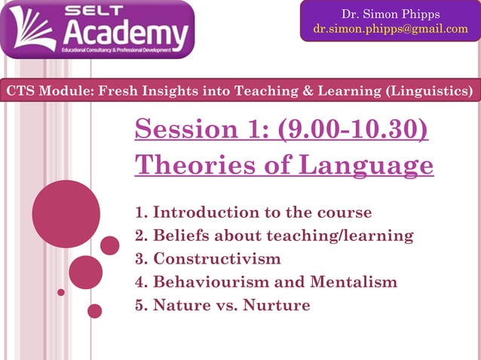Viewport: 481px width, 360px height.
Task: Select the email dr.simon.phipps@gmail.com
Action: pyautogui.click(x=390, y=29)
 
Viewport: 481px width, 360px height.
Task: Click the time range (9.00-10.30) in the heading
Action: pyautogui.click(x=353, y=130)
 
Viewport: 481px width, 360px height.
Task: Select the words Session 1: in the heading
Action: pyautogui.click(x=202, y=130)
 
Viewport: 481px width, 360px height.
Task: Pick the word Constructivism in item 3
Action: pyautogui.click(x=217, y=258)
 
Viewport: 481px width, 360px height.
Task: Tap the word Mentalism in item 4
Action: pyautogui.click(x=354, y=282)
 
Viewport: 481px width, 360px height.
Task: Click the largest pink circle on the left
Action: pyautogui.click(x=66, y=214)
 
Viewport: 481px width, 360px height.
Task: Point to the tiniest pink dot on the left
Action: pyautogui.click(x=61, y=291)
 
